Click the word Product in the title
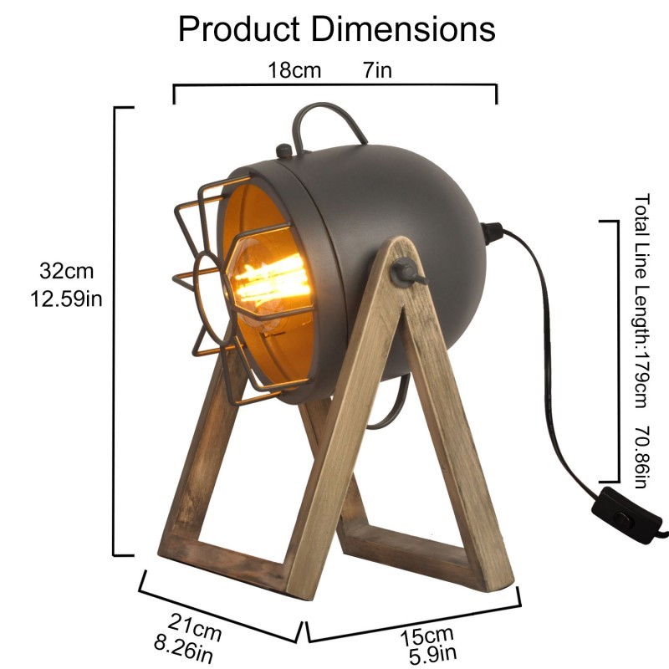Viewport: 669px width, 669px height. tap(239, 29)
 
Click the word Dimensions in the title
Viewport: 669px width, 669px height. tap(403, 29)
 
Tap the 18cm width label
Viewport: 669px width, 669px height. tap(294, 70)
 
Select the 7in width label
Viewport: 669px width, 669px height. tap(378, 70)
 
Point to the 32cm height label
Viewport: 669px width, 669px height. tap(67, 271)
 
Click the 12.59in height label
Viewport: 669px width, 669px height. tap(66, 299)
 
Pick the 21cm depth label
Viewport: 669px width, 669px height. tap(195, 627)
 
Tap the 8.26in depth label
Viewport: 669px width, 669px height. tap(183, 650)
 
